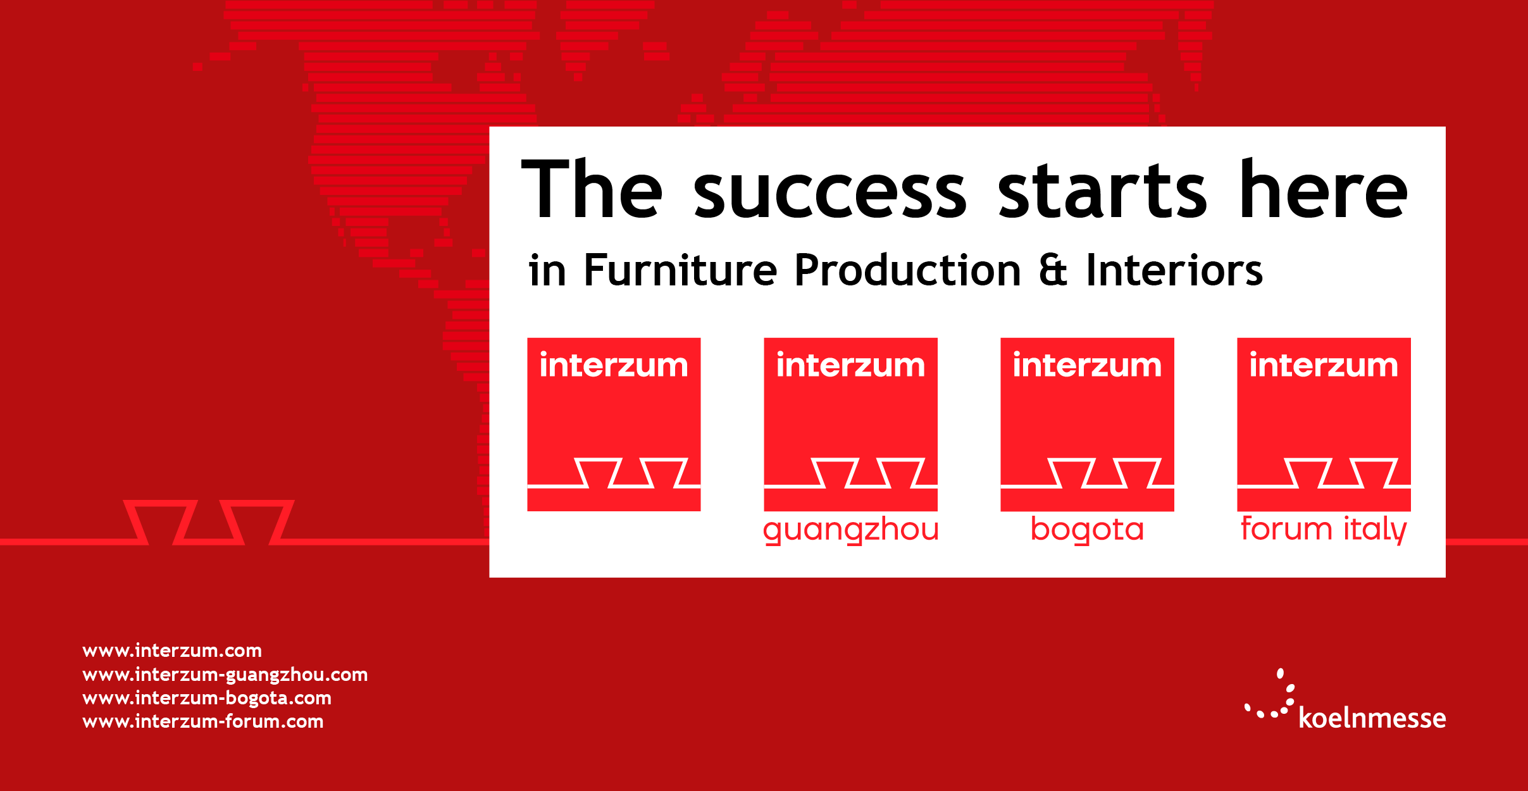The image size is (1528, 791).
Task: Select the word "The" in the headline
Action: coord(592,188)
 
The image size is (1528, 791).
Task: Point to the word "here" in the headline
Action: coord(1324,188)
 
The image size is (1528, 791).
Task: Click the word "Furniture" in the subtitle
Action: coord(680,270)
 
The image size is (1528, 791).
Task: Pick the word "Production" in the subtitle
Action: coord(907,270)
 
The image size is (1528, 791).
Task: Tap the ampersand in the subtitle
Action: coord(1053,270)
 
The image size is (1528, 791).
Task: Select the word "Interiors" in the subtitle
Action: coord(1174,270)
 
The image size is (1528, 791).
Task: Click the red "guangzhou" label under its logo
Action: coord(851,531)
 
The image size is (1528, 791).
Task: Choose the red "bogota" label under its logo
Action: coord(1088,530)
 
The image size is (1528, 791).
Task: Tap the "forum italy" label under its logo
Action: coord(1324,530)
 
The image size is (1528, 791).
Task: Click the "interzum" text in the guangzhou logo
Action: coord(850,365)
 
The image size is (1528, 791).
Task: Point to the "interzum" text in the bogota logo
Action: coord(1087,365)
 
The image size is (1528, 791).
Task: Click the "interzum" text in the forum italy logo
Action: coord(1324,365)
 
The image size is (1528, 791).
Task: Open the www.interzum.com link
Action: coord(172,651)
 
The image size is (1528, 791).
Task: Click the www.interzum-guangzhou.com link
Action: coord(225,675)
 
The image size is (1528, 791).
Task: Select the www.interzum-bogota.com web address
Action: coord(207,699)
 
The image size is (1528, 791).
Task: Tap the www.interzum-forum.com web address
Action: coord(203,721)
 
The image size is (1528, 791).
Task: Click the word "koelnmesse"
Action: coord(1372,718)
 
